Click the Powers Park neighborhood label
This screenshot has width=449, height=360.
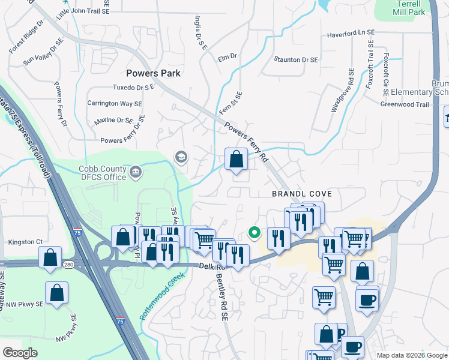tap(154, 73)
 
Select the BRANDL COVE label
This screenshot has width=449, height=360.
tap(302, 194)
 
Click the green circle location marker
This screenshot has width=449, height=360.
tap(254, 232)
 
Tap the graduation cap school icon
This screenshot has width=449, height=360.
tap(181, 157)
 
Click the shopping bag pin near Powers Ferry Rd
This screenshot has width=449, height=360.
tap(237, 160)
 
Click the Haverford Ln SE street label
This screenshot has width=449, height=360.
tap(351, 34)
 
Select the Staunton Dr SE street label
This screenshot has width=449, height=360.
tap(295, 59)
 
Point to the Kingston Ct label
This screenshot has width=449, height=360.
tap(25, 242)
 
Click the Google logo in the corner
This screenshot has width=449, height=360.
tap(20, 352)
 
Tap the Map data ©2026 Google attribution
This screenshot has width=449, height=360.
tap(411, 355)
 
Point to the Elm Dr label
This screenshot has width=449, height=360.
tap(228, 56)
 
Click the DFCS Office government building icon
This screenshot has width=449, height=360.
tap(136, 173)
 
